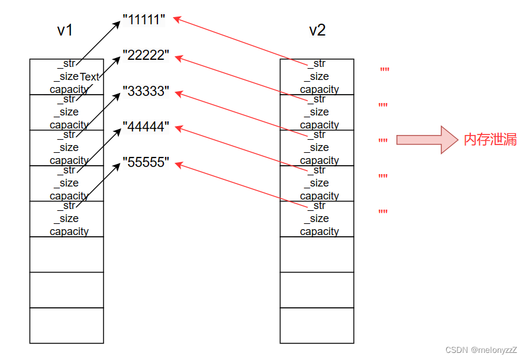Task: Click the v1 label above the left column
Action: tap(65, 31)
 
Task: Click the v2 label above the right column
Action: tap(317, 31)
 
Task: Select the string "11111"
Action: tap(144, 20)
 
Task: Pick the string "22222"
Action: tap(146, 56)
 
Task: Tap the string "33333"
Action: tap(146, 91)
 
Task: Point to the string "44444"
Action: tap(146, 127)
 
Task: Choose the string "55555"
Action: tap(146, 162)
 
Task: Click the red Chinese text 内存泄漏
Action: tap(490, 140)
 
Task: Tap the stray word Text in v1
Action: tap(90, 77)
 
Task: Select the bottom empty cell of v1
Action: tap(67, 325)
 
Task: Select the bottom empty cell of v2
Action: tap(317, 325)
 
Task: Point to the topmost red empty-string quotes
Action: tap(385, 70)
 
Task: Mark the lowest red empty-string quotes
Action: tap(383, 212)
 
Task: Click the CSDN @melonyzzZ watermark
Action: tap(481, 350)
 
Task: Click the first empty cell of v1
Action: tap(67, 254)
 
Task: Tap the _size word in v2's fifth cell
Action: tap(317, 218)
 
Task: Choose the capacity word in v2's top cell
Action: tap(320, 89)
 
